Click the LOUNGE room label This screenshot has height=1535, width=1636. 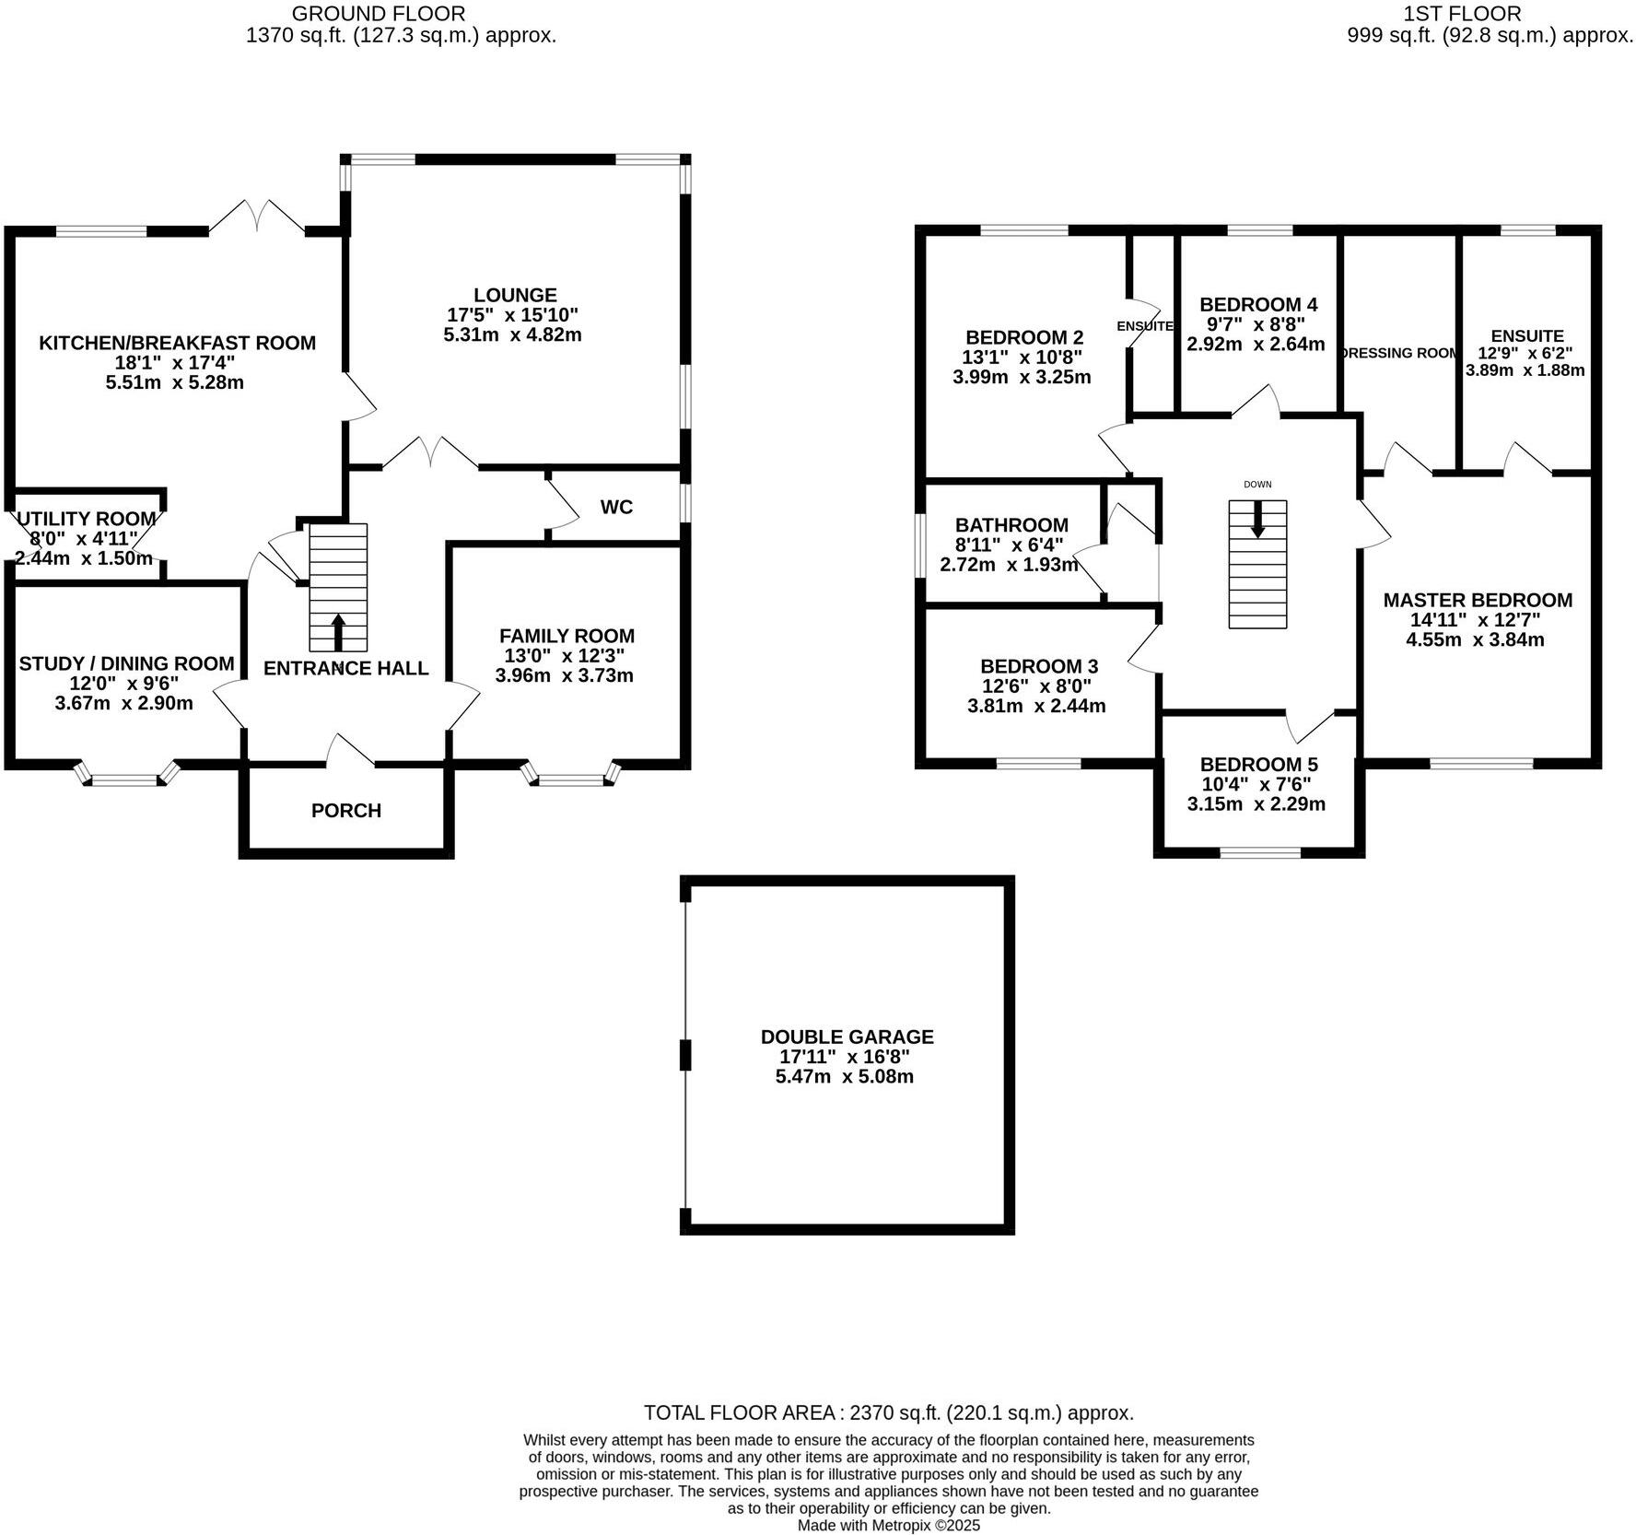click(x=515, y=295)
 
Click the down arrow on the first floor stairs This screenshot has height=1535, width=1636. click(x=1257, y=520)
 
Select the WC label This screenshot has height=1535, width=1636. click(x=616, y=507)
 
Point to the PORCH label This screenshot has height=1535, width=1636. click(x=346, y=810)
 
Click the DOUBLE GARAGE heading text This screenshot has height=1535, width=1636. click(x=847, y=1037)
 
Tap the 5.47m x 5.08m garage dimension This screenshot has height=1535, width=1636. click(x=845, y=1076)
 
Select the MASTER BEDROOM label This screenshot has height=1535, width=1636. click(x=1478, y=600)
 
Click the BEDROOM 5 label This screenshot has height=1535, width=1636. click(x=1258, y=764)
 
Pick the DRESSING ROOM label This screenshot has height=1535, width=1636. click(x=1400, y=353)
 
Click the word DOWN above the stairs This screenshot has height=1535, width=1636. click(x=1257, y=485)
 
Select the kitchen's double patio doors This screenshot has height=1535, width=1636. click(x=257, y=217)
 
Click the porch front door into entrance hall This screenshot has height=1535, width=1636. click(x=350, y=751)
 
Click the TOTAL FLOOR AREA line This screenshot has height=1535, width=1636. click(x=888, y=1412)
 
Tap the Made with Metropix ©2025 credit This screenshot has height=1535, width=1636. click(x=888, y=1525)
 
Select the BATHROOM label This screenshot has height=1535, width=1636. click(x=1011, y=524)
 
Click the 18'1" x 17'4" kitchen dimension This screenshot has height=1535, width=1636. click(x=177, y=362)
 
